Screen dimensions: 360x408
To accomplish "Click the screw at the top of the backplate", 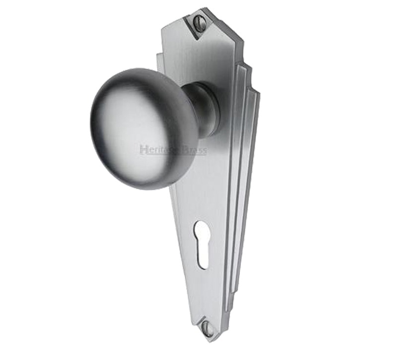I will (199, 22).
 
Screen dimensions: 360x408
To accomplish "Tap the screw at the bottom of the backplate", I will (207, 328).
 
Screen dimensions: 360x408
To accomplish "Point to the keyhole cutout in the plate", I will (201, 243).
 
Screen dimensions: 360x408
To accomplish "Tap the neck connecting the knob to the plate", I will (204, 109).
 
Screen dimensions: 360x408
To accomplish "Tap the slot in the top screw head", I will (199, 22).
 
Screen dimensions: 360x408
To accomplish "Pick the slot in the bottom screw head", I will (207, 328).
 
